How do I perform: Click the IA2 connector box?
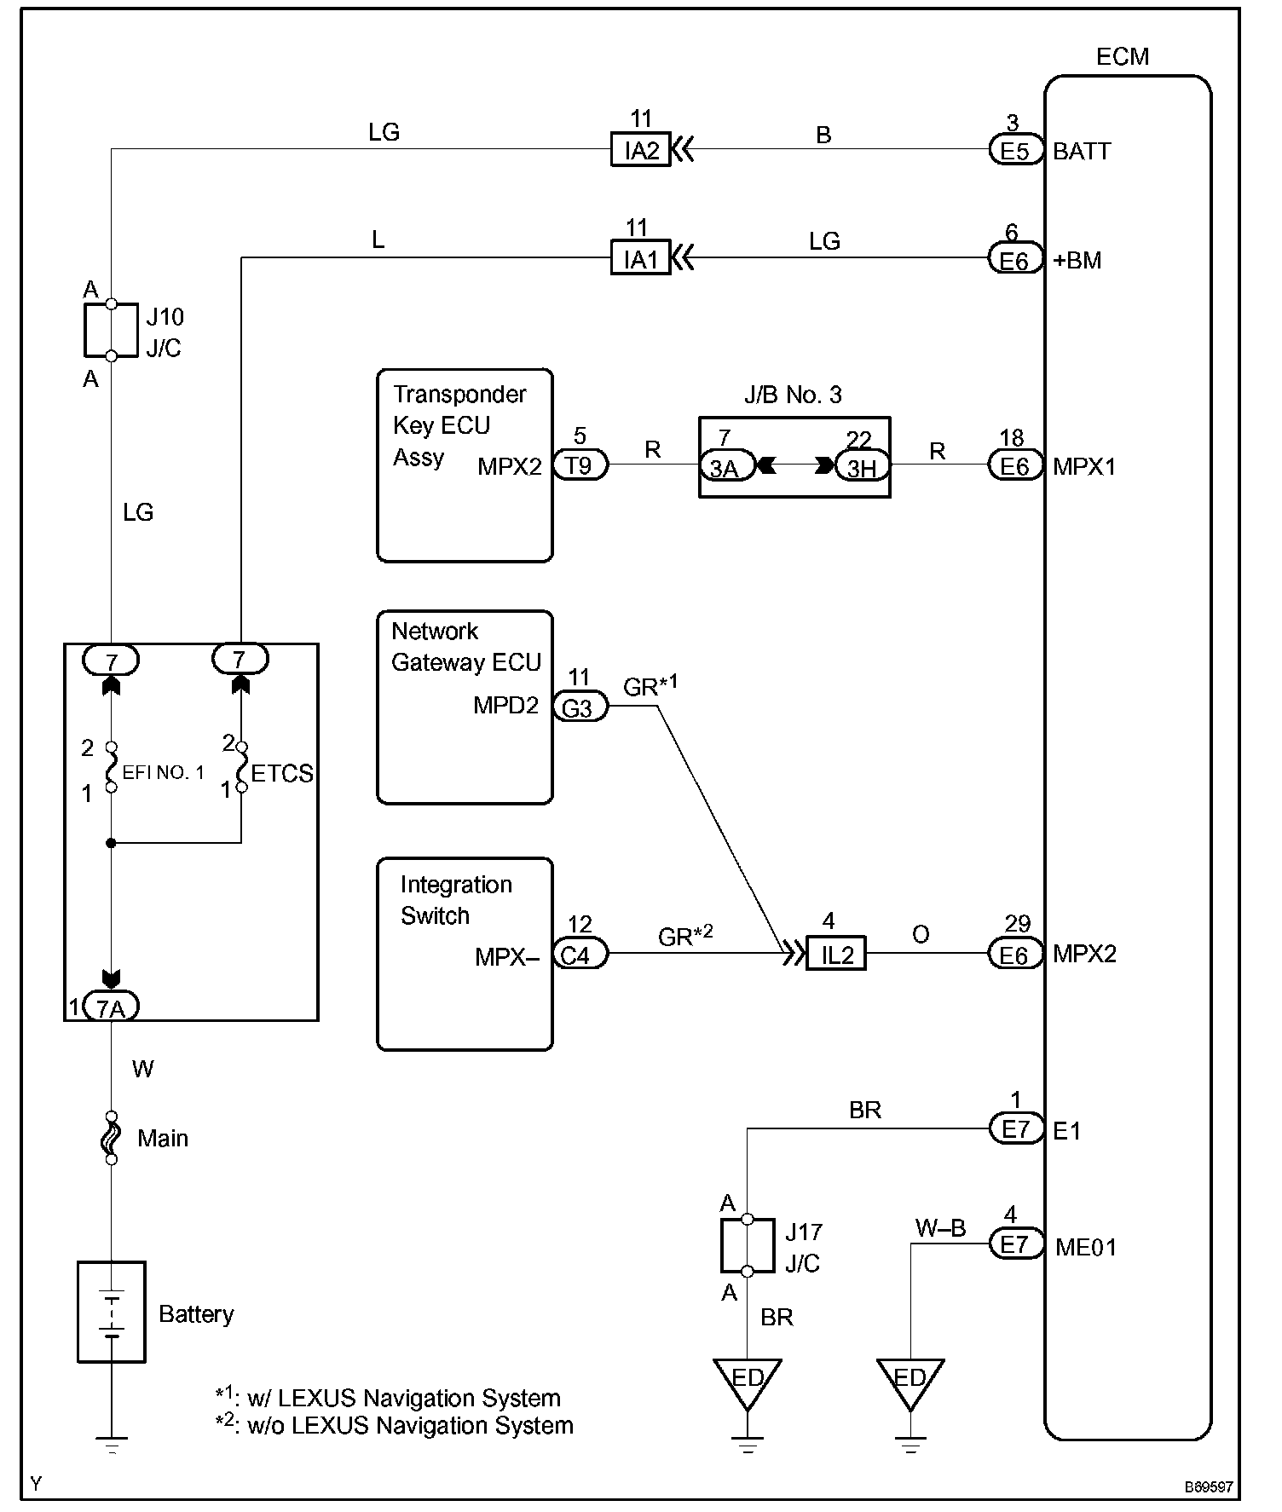coord(641,151)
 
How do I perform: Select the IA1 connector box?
coord(640,258)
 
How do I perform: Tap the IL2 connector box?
coord(836,955)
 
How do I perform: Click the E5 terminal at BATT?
coord(1015,151)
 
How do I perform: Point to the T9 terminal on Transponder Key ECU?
coord(580,465)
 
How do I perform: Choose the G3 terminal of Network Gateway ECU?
coord(580,707)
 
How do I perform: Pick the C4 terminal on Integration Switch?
coord(580,955)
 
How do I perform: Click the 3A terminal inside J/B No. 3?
coord(726,466)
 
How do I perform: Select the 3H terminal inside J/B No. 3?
coord(862,466)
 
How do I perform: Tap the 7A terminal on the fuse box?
coord(112,1007)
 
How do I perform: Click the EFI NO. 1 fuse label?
coord(163,773)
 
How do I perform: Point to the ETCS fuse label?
coord(282,773)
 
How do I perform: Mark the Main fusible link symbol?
coord(111,1138)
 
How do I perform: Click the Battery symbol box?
coord(112,1312)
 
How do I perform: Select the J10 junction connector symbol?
coord(111,329)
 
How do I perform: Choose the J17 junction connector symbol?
coord(747,1245)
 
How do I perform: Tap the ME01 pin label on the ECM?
coord(1085,1248)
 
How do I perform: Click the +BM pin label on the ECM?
coord(1077,260)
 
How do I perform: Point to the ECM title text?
coord(1123,56)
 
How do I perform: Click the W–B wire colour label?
coord(940,1227)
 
